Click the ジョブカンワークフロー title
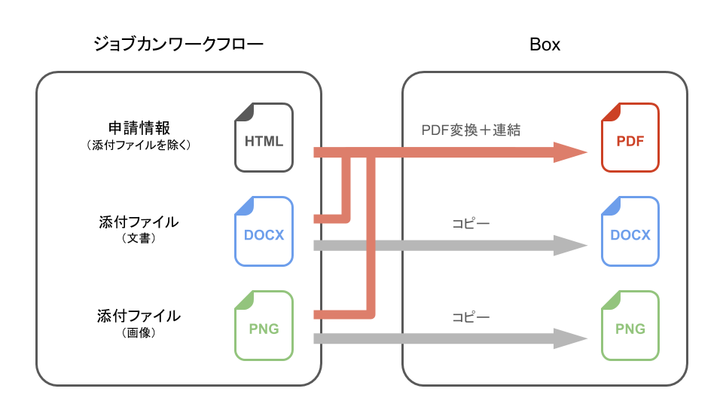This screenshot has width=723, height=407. tap(178, 44)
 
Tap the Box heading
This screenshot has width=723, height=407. tap(545, 44)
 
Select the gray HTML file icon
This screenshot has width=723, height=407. tap(264, 138)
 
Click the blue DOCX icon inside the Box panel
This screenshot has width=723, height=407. tap(630, 231)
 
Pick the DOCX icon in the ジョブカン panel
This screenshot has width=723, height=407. tap(264, 231)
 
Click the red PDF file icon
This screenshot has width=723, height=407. tap(630, 138)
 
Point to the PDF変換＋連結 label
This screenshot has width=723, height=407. tap(471, 130)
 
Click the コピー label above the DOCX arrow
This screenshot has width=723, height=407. tap(471, 224)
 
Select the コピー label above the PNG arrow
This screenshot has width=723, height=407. tap(471, 317)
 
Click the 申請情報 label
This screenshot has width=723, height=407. tap(139, 127)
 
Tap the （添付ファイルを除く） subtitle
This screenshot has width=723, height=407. tap(139, 145)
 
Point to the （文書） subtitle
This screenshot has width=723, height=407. tap(139, 239)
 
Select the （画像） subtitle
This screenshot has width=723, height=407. tap(139, 332)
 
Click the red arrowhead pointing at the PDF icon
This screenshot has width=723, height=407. tap(571, 153)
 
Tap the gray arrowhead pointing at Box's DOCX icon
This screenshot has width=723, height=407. tap(571, 246)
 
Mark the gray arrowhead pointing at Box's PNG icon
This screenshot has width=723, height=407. tap(571, 338)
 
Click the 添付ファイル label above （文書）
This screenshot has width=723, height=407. tap(139, 222)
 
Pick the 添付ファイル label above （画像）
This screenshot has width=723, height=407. tap(139, 315)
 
